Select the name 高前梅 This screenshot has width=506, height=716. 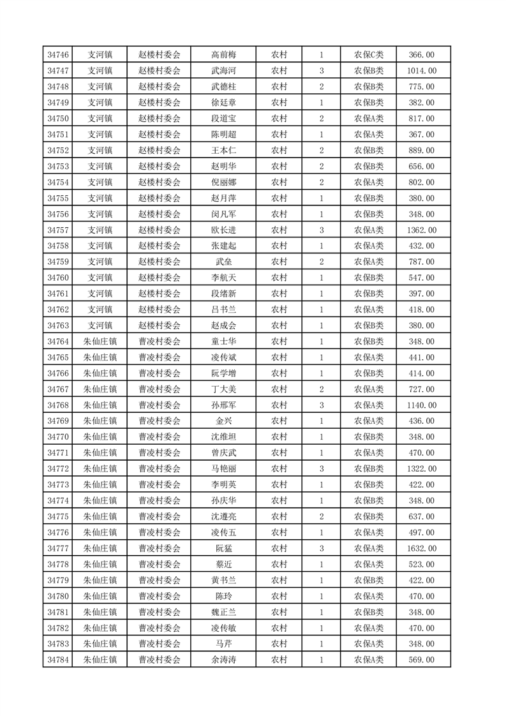(223, 55)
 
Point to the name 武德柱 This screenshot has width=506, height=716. (223, 87)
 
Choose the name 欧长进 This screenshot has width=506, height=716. (223, 230)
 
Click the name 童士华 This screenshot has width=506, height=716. (223, 341)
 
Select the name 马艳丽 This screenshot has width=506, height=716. (223, 469)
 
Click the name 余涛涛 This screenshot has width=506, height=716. (223, 660)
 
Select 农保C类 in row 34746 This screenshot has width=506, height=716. (369, 55)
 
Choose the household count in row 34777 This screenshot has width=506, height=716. (321, 548)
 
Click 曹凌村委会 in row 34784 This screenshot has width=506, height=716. (160, 660)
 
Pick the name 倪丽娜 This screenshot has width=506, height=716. (223, 182)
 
